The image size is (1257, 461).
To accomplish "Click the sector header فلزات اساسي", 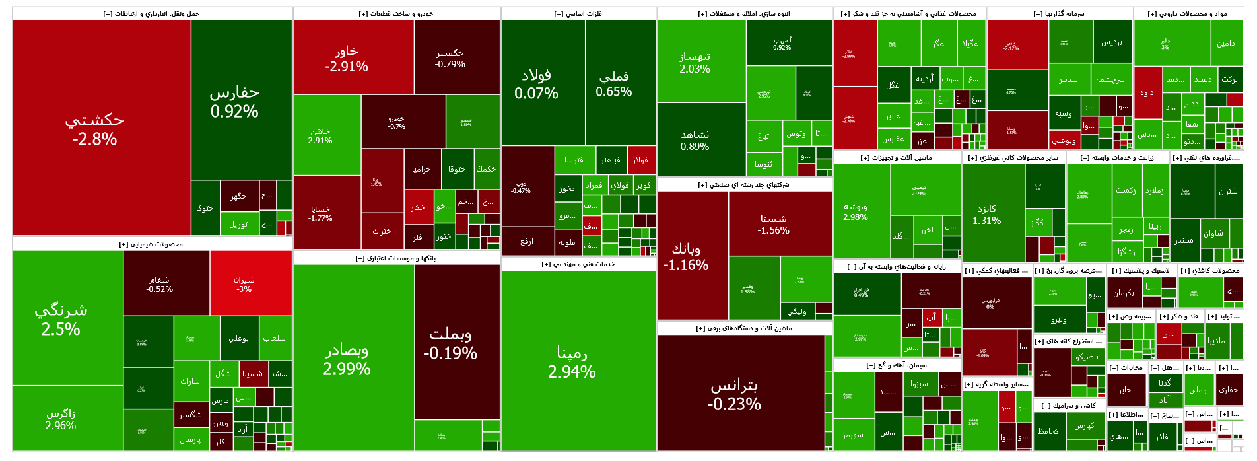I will [578, 14].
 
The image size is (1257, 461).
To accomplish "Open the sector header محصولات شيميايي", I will [151, 244].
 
